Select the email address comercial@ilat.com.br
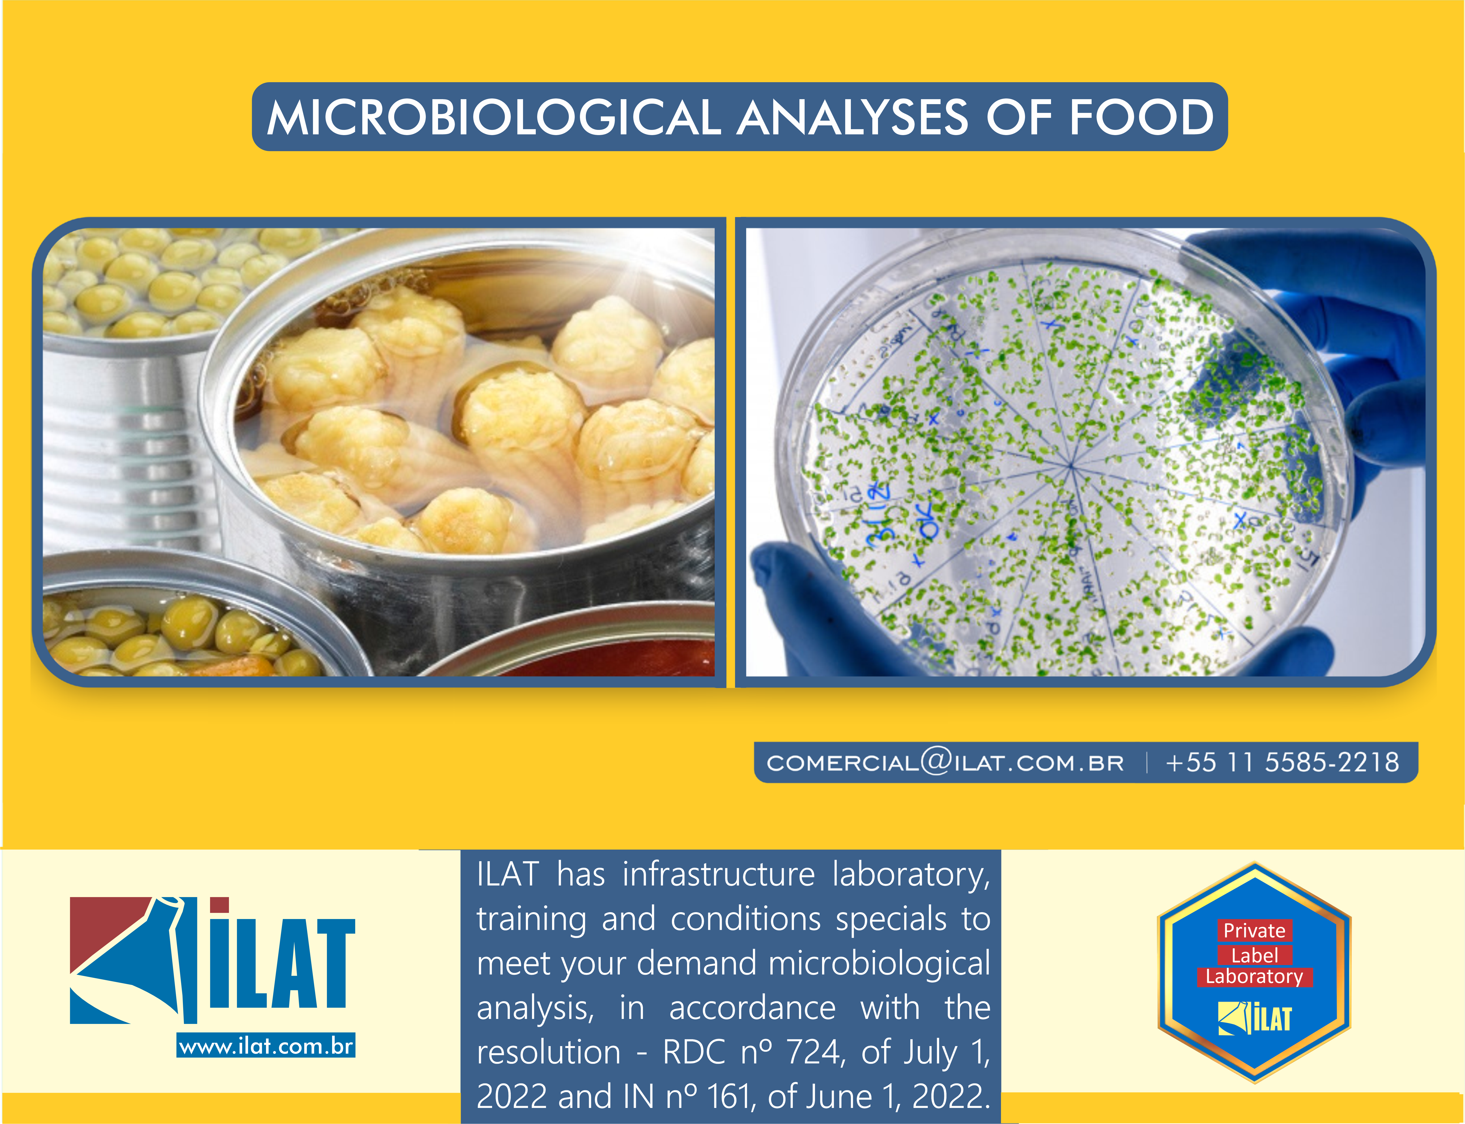[x=945, y=762]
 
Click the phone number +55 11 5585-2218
[x=1282, y=762]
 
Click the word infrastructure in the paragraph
[x=719, y=874]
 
